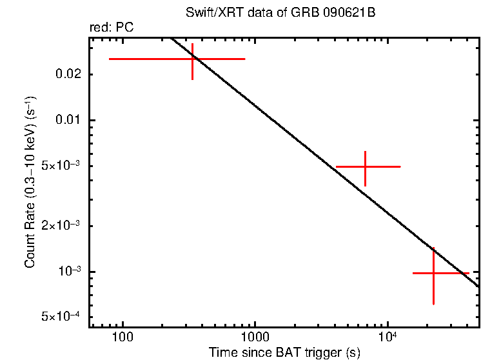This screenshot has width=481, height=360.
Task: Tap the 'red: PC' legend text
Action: click(111, 28)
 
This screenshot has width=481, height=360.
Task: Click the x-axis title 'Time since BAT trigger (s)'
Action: click(284, 352)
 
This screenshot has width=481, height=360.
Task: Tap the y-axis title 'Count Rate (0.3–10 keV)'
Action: click(30, 183)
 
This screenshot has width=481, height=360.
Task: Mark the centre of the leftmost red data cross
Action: click(193, 59)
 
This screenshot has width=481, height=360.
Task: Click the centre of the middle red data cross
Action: click(366, 166)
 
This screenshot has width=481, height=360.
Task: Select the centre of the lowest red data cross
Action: click(433, 273)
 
